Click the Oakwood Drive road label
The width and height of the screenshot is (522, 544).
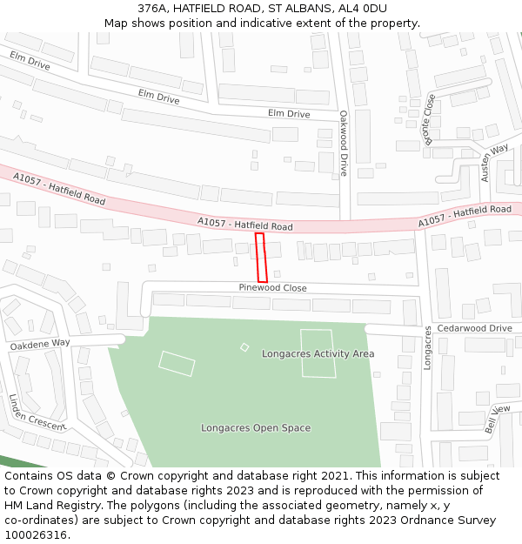[x=344, y=143]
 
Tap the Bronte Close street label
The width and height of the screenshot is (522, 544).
[x=429, y=123]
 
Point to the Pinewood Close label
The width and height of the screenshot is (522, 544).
[x=273, y=288]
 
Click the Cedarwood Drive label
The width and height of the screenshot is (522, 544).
[x=474, y=328]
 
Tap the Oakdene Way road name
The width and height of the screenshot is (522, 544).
[x=40, y=345]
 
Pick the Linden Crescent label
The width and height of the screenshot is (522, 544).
[x=37, y=412]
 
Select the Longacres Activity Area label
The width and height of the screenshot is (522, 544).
[x=318, y=353]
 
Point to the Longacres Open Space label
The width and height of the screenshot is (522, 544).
[x=256, y=427]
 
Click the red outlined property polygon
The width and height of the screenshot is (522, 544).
[x=261, y=258]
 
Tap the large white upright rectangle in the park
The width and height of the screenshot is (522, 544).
[x=318, y=353]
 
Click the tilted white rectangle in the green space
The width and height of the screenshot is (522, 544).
[x=177, y=363]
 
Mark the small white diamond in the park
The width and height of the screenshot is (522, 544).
[x=244, y=347]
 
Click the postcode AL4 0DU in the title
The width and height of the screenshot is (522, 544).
[x=364, y=9]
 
